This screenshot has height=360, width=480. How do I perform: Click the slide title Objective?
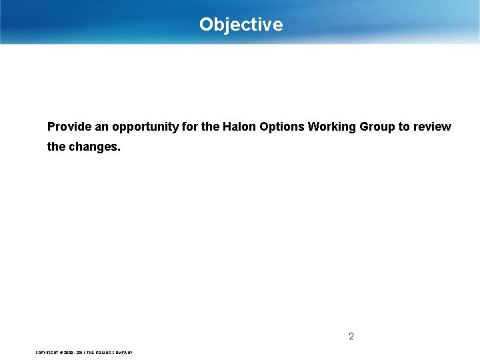[241, 25]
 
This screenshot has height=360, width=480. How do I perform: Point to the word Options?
[281, 127]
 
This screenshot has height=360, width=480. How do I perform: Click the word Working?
[333, 127]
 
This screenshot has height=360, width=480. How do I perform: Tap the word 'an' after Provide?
[101, 127]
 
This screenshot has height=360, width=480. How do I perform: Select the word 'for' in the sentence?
[190, 127]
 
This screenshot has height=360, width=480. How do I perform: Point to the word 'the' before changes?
[57, 147]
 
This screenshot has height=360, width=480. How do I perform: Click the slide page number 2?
[351, 336]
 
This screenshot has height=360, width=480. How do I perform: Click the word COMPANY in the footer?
[121, 352]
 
